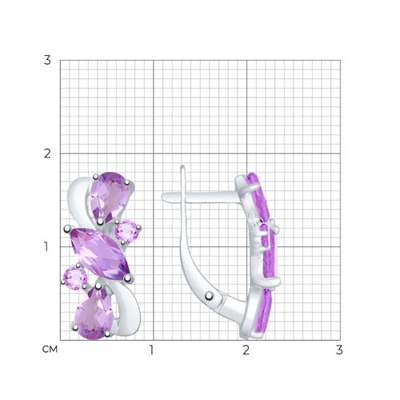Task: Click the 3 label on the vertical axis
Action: coord(47,60)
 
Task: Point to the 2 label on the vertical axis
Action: coord(47,154)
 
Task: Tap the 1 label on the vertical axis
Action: coord(46,247)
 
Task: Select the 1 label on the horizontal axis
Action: coord(151,350)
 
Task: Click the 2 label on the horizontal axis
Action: coord(246,350)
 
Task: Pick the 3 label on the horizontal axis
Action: coord(339,350)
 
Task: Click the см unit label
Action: coord(50,350)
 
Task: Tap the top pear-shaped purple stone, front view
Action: coord(108,197)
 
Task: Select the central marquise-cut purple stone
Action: coord(99,254)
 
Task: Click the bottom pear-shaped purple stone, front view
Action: coord(94,314)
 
